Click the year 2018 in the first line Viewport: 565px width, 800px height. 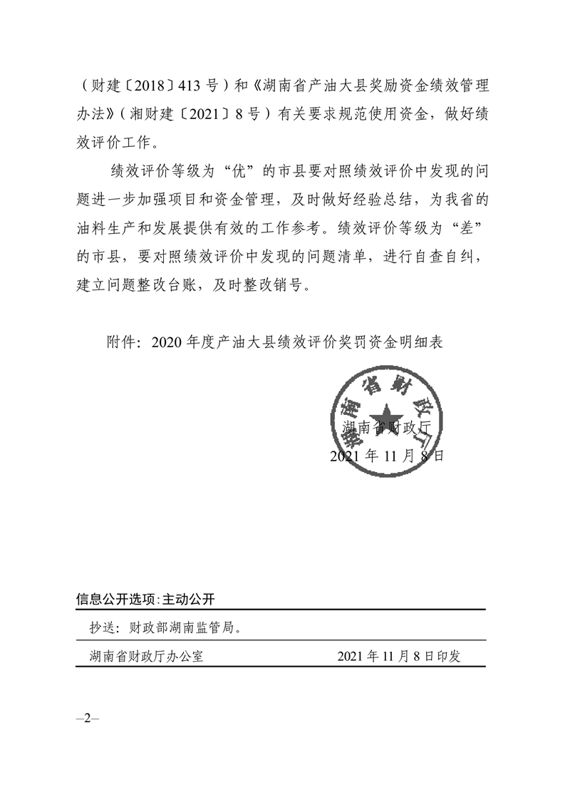click(139, 87)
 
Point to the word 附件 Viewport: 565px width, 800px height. click(120, 342)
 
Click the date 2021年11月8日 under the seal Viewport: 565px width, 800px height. click(387, 456)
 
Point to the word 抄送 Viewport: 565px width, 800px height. click(103, 628)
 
